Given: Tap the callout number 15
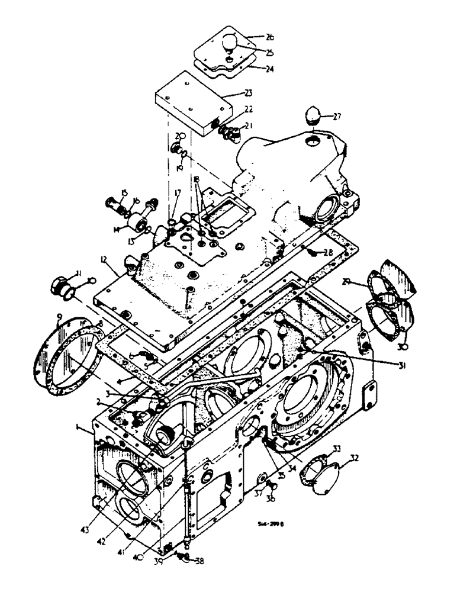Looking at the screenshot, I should [x=124, y=192].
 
